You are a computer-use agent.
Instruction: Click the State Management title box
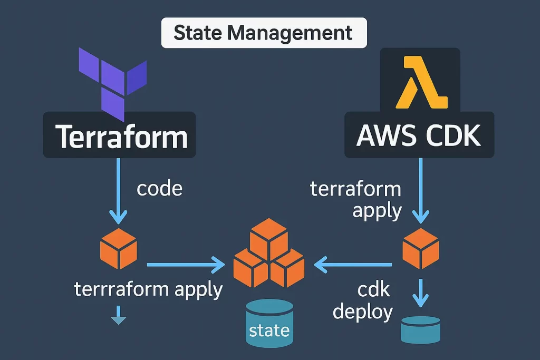(x=263, y=33)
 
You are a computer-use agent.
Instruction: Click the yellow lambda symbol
(x=425, y=83)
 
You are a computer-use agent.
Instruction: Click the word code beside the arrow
(x=159, y=188)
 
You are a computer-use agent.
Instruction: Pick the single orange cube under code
(x=118, y=248)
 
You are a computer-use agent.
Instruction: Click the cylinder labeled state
(x=269, y=323)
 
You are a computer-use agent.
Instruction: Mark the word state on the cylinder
(x=269, y=330)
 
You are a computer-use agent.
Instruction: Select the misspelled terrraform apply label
(x=148, y=289)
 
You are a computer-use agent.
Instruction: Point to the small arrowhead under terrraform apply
(x=118, y=318)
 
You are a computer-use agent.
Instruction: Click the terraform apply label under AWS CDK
(x=355, y=199)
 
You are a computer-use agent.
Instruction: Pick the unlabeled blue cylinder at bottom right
(x=420, y=329)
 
